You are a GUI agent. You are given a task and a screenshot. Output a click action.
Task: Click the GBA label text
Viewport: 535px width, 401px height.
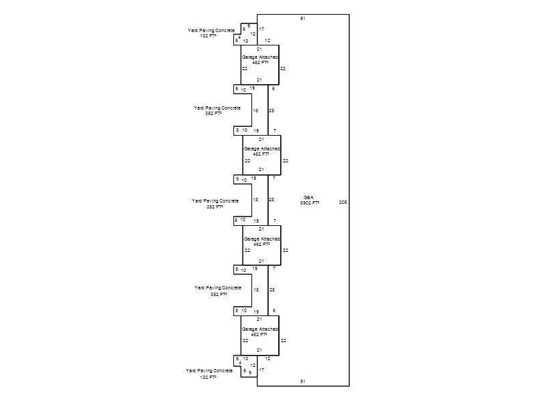[308, 197]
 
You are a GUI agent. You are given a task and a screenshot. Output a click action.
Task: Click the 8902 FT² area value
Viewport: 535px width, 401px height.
[310, 202]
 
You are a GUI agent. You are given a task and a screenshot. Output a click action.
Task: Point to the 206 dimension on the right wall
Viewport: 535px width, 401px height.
[343, 202]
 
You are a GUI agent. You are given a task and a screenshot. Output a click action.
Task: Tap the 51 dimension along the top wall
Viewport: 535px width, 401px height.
[303, 19]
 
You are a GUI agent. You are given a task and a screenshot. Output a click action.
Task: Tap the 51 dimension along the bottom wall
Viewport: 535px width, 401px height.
[303, 381]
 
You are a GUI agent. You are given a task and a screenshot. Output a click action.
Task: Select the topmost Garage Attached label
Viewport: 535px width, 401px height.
[260, 57]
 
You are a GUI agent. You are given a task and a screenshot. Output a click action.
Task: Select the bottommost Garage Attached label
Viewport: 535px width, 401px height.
[260, 329]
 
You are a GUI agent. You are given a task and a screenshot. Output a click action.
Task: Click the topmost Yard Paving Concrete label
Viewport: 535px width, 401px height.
[211, 30]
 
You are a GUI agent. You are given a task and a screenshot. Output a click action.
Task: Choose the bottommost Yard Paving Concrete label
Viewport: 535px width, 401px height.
[209, 370]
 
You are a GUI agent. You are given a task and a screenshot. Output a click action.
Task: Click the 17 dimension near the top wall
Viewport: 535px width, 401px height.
[261, 29]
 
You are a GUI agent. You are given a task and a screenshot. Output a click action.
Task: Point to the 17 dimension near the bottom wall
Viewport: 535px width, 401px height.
[261, 370]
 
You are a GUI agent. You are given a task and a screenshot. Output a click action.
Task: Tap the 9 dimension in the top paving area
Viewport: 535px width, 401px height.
[249, 25]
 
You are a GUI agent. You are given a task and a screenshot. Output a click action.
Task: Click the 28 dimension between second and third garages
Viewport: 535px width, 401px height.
[272, 200]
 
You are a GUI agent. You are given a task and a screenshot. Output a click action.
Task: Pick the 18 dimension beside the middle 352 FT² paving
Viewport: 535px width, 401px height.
[255, 200]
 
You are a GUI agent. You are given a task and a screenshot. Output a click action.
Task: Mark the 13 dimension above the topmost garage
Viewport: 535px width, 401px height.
[246, 41]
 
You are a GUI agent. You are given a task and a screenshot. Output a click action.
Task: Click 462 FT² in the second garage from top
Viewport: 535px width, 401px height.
[261, 154]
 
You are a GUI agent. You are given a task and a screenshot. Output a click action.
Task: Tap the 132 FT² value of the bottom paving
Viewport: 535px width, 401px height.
[209, 378]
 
